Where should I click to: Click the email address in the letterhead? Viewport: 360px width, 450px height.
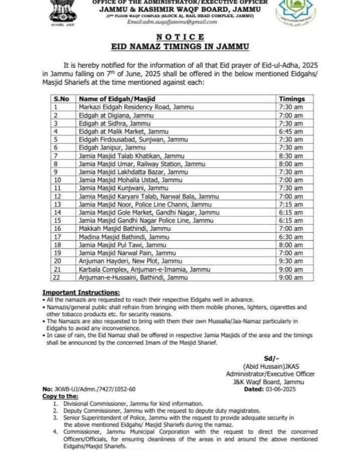[172, 22]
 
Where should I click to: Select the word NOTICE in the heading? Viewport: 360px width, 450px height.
[180, 37]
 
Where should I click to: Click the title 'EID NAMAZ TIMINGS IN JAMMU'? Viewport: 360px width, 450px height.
[180, 46]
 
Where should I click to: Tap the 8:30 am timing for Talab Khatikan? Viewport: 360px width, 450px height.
[291, 156]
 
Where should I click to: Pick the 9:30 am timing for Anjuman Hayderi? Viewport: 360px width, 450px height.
[291, 261]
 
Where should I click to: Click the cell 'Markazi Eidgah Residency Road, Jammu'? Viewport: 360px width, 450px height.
[136, 107]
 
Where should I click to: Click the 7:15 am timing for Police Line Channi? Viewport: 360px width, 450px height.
[291, 204]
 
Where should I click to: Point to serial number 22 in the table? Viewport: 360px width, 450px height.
[57, 277]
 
